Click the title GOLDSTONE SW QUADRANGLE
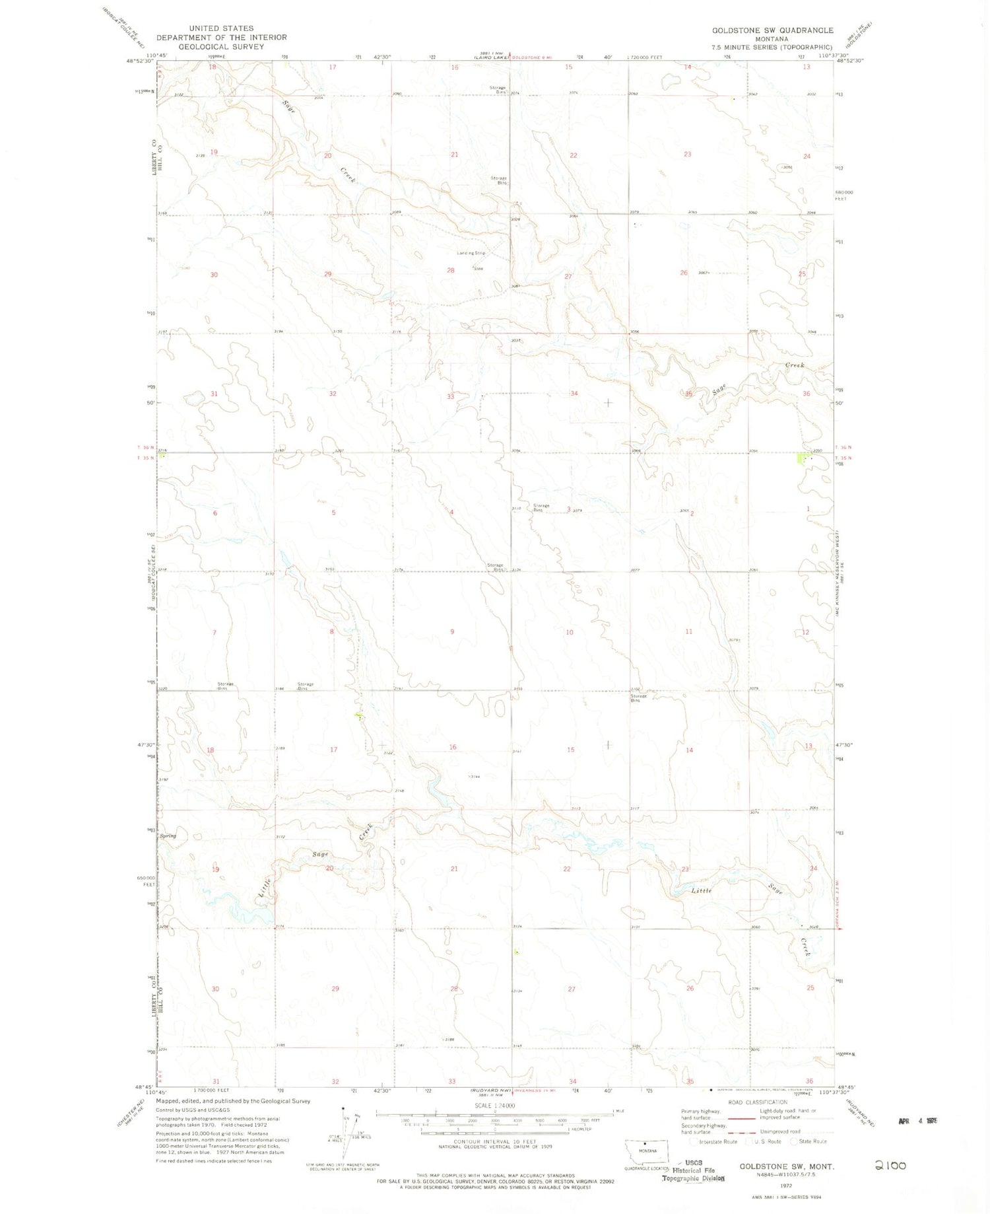point(772,30)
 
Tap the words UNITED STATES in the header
point(221,28)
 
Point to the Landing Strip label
point(471,253)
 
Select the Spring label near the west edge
point(168,836)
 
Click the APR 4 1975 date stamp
point(917,1121)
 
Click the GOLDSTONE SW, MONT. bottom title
point(787,1167)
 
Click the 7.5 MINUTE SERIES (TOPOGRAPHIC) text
point(772,48)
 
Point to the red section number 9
point(452,632)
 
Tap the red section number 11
point(688,632)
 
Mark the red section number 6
point(215,513)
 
